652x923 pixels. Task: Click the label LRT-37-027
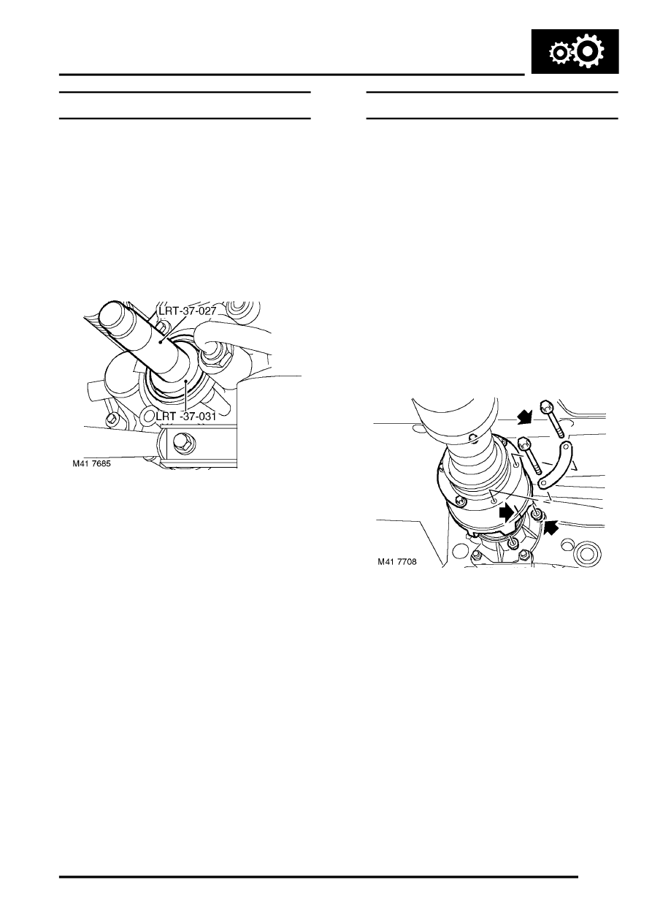tap(187, 311)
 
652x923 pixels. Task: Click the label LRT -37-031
tap(186, 417)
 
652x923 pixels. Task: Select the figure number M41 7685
tap(92, 463)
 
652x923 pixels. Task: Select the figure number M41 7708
tap(396, 561)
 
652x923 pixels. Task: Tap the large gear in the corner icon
tap(588, 50)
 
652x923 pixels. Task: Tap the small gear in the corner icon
tap(559, 53)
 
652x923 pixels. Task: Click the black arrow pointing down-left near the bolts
tap(524, 418)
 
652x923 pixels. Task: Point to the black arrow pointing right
tap(507, 512)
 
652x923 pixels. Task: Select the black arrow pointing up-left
tap(551, 527)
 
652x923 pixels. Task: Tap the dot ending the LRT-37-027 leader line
tap(163, 341)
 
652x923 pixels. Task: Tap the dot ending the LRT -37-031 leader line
tap(186, 381)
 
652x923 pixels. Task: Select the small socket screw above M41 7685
tap(112, 419)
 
